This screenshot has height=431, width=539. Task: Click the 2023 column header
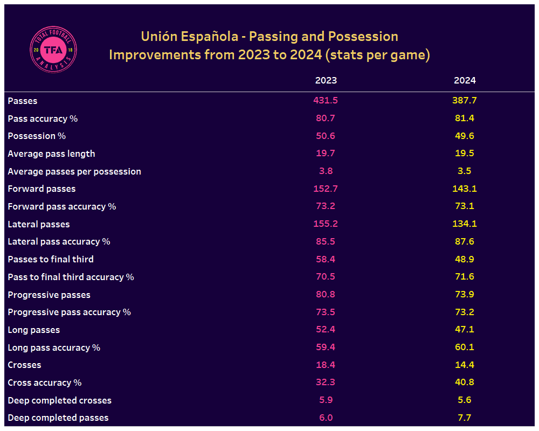[326, 80]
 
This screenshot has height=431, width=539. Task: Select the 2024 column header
[465, 80]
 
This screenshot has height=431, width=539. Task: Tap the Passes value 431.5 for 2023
[326, 100]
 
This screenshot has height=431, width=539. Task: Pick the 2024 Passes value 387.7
[465, 100]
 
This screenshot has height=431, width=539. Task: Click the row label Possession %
[37, 136]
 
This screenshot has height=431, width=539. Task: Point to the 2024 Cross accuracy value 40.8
[465, 383]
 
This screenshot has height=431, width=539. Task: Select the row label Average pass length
[51, 154]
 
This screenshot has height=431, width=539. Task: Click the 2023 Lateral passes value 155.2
[326, 224]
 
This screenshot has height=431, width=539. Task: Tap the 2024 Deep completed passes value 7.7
[465, 418]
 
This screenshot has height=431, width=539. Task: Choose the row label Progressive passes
[49, 295]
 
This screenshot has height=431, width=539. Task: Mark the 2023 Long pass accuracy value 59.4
[326, 347]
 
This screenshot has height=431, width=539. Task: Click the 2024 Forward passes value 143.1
[465, 189]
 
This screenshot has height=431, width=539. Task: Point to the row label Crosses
[24, 365]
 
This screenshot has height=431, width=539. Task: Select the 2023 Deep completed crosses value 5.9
[326, 400]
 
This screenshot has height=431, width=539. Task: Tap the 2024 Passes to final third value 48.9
[465, 259]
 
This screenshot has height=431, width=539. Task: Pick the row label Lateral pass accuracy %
[59, 241]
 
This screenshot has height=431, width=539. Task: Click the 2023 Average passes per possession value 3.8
[326, 171]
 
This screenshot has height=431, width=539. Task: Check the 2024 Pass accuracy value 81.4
[465, 118]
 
